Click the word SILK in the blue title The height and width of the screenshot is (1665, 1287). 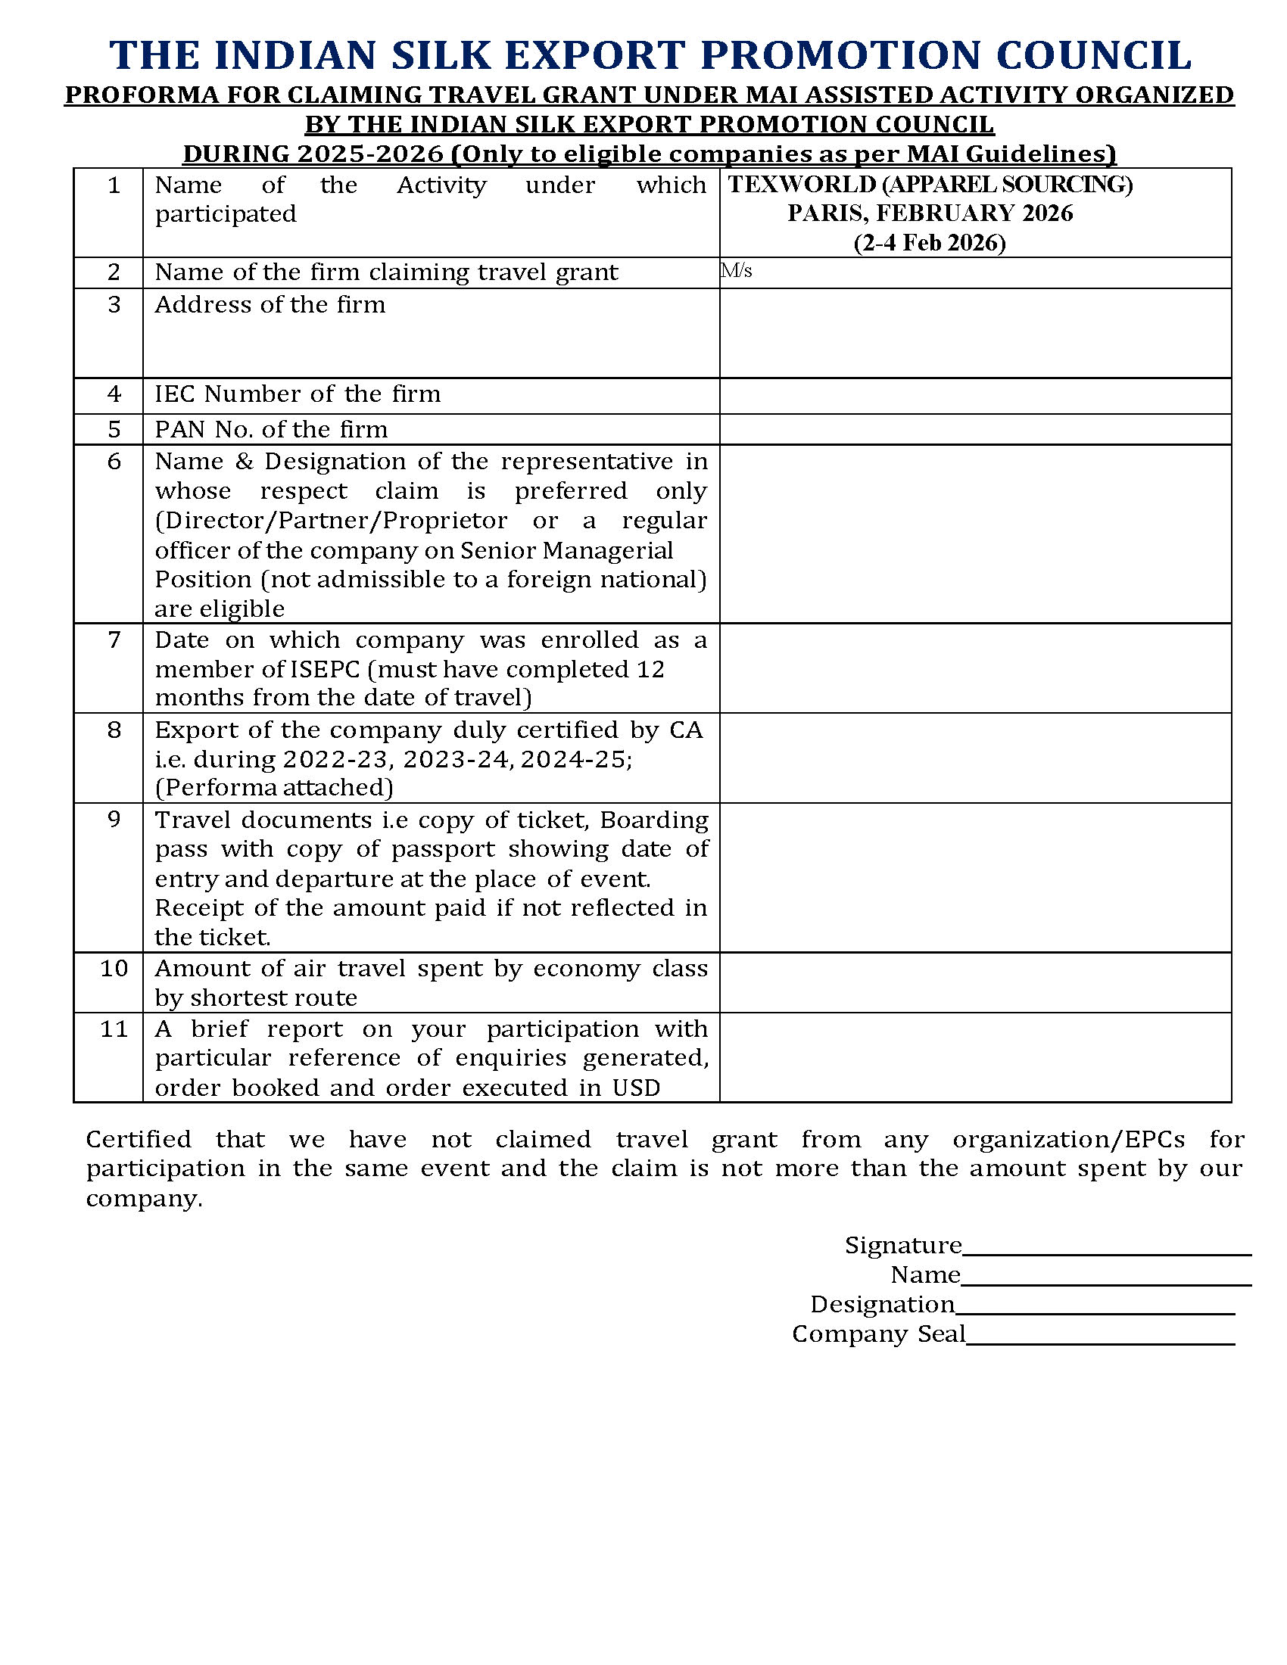click(x=438, y=56)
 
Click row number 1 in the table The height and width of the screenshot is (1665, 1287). click(x=114, y=185)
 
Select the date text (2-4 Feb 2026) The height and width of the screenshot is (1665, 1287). click(x=930, y=243)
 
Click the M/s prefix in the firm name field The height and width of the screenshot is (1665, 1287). click(x=737, y=272)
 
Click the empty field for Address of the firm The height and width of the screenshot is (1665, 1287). click(x=974, y=333)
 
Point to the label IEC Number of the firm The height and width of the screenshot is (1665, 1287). click(x=298, y=394)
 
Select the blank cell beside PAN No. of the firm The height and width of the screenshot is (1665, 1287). click(x=974, y=429)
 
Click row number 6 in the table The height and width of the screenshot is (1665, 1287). click(x=114, y=462)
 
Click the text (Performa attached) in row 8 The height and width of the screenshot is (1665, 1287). click(x=274, y=788)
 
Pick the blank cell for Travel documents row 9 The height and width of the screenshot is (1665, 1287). click(x=974, y=877)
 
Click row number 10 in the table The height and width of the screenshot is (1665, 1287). click(x=114, y=969)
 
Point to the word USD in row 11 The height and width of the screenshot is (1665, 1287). click(x=636, y=1088)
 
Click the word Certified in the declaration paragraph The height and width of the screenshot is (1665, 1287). click(x=138, y=1140)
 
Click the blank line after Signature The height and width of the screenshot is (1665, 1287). click(x=1105, y=1246)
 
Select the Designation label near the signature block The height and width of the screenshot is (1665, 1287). click(x=882, y=1306)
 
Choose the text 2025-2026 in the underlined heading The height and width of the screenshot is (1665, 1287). click(x=369, y=154)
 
